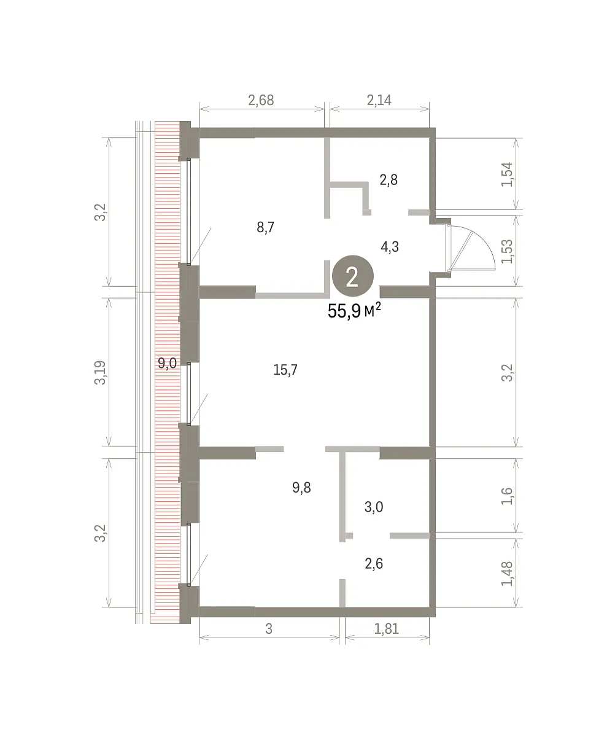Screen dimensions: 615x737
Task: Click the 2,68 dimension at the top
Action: [x=261, y=100]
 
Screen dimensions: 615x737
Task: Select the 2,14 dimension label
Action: [x=379, y=100]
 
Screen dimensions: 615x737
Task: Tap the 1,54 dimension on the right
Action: [x=507, y=174]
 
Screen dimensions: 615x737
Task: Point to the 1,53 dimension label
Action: [x=507, y=251]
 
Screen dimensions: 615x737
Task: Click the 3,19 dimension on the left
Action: [x=100, y=373]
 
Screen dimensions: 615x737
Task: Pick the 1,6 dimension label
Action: [x=507, y=496]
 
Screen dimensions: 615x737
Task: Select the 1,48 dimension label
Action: [x=507, y=574]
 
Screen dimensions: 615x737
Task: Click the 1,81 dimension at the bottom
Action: [x=386, y=629]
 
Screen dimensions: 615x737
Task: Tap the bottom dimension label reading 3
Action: [x=269, y=629]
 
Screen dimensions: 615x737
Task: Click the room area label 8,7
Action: [x=265, y=228]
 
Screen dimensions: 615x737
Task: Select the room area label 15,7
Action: [x=285, y=370]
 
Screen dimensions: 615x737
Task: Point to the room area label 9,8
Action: [x=301, y=488]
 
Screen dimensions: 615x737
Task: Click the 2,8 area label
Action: [x=389, y=180]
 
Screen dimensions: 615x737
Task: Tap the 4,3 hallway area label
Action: [x=390, y=247]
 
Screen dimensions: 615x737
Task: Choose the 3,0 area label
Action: [x=374, y=507]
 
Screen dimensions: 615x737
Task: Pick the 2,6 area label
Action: [x=374, y=564]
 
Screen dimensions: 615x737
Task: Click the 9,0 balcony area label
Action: [x=167, y=363]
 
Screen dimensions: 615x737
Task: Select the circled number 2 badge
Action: [x=353, y=276]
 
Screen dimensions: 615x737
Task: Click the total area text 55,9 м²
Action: [x=354, y=311]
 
